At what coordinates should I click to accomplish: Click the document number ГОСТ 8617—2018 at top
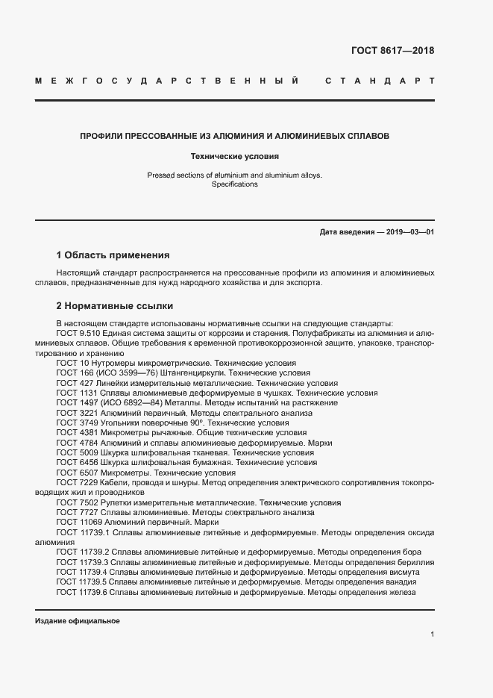392,52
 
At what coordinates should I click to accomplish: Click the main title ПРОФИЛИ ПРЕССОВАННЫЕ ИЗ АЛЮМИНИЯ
235,137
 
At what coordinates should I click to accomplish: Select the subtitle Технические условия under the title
235,158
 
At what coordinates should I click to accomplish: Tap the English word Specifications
235,184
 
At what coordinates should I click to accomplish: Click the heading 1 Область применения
113,255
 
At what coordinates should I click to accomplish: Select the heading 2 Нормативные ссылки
115,306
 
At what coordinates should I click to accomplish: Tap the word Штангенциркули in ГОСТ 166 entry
193,372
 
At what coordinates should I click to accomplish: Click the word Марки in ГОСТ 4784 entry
319,443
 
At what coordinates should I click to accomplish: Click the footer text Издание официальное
78,621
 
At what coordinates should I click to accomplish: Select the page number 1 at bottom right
432,634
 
